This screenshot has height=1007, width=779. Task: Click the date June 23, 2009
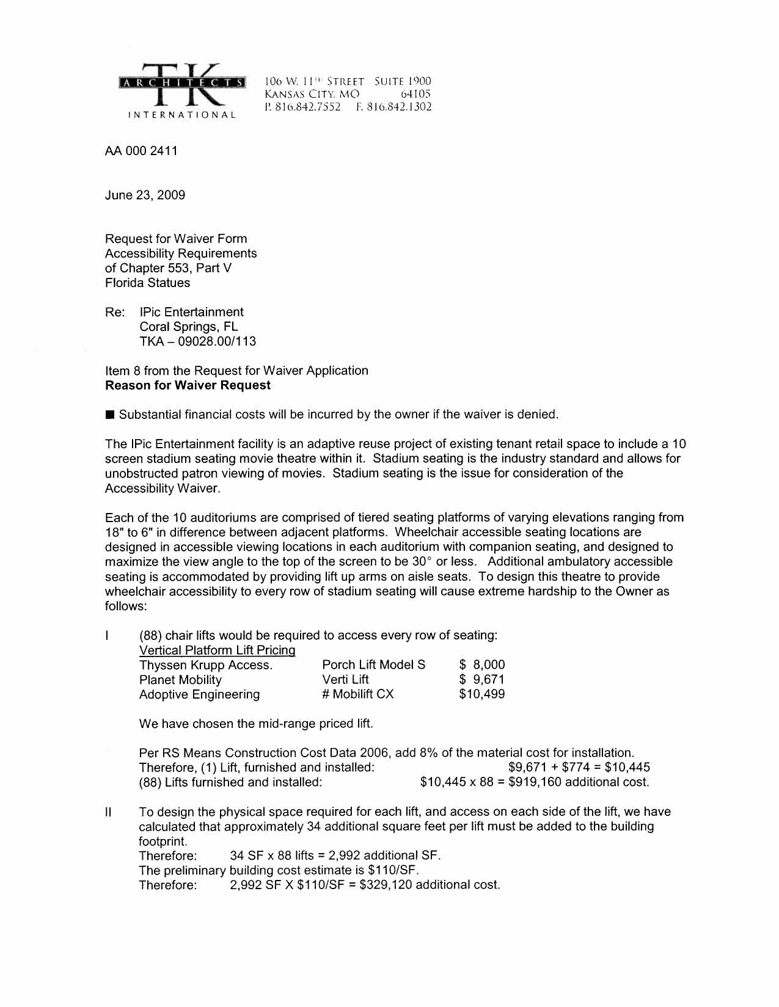tap(145, 195)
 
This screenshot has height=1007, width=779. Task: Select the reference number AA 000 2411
tap(141, 151)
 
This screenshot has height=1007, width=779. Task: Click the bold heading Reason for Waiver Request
tap(188, 385)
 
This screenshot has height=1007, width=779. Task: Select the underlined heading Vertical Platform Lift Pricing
tap(217, 650)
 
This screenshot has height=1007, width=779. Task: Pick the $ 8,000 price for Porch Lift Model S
tap(482, 665)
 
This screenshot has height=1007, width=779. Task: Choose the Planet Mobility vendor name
tap(180, 680)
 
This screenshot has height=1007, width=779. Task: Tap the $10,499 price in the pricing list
tap(481, 694)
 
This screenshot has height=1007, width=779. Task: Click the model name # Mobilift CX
tap(358, 694)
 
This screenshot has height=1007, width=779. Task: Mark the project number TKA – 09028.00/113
tap(197, 341)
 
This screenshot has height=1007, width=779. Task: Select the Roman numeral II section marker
tap(108, 812)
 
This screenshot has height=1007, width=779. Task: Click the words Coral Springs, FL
tap(189, 327)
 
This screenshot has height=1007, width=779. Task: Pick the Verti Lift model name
tap(345, 680)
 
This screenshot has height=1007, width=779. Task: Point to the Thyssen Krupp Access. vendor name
tap(206, 665)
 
